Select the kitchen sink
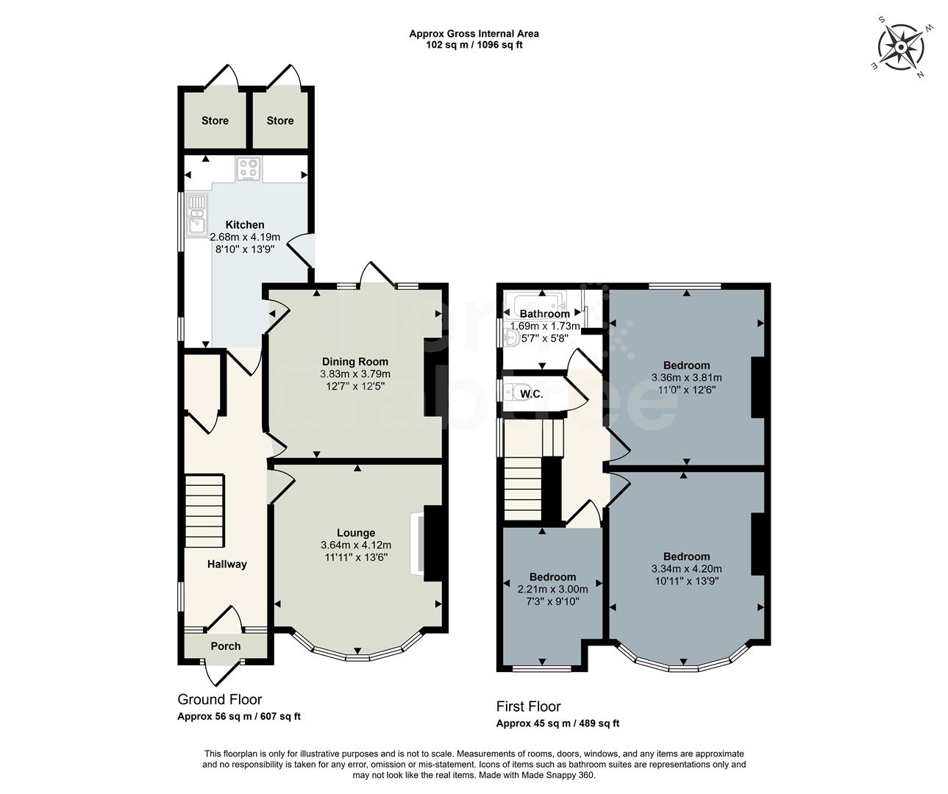pyautogui.click(x=196, y=214)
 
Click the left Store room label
pyautogui.click(x=215, y=121)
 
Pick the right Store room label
pyautogui.click(x=279, y=121)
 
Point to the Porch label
pyautogui.click(x=225, y=646)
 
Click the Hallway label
pyautogui.click(x=226, y=564)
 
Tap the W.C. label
pyautogui.click(x=531, y=394)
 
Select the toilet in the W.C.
pyautogui.click(x=512, y=393)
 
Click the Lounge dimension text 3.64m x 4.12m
pyautogui.click(x=356, y=546)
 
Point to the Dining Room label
pyautogui.click(x=354, y=362)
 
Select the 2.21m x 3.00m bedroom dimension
pyautogui.click(x=552, y=589)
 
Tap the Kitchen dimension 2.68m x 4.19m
pyautogui.click(x=245, y=237)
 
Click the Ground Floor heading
pyautogui.click(x=219, y=699)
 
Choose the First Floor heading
pyautogui.click(x=528, y=707)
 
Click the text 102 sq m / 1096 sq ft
pyautogui.click(x=474, y=45)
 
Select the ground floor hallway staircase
pyautogui.click(x=204, y=510)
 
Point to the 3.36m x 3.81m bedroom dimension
pyautogui.click(x=686, y=378)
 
